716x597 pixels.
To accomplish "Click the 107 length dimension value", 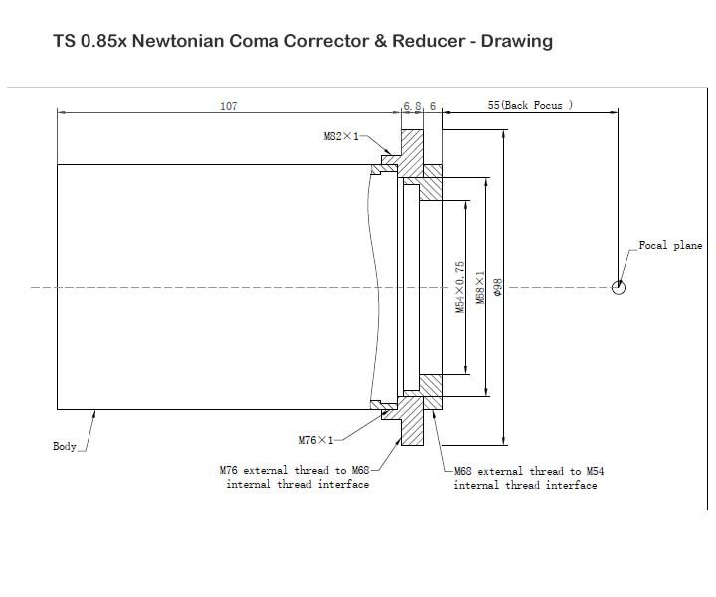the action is pyautogui.click(x=229, y=106).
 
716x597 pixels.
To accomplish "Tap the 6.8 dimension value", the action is pyautogui.click(x=412, y=106).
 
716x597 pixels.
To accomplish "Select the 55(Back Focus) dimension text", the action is pyautogui.click(x=530, y=105).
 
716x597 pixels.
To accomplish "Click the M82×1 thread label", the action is pyautogui.click(x=341, y=136).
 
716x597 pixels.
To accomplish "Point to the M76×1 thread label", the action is pyautogui.click(x=316, y=440).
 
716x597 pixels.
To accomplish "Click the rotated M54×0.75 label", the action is pyautogui.click(x=460, y=287).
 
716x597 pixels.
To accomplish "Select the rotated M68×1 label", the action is pyautogui.click(x=480, y=288).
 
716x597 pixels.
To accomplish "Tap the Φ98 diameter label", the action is pyautogui.click(x=497, y=288).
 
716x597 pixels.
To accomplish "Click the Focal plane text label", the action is pyautogui.click(x=670, y=246).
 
